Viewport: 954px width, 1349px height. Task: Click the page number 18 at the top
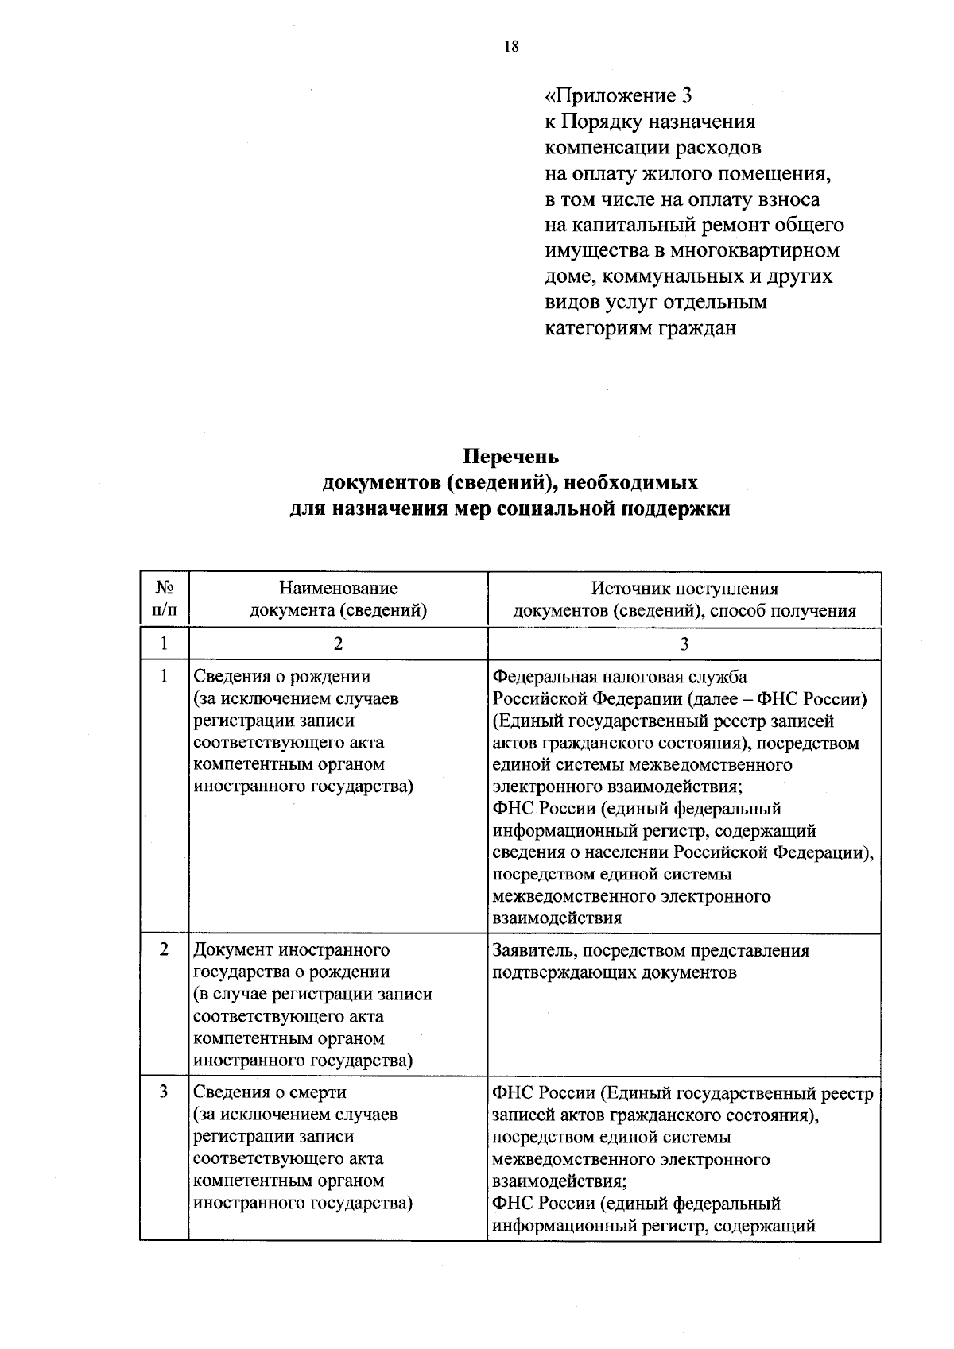click(510, 47)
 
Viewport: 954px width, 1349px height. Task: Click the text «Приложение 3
click(618, 96)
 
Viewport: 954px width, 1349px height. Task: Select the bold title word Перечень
click(511, 458)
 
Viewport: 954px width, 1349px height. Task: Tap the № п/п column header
click(165, 599)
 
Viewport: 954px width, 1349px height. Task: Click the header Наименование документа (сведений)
click(338, 599)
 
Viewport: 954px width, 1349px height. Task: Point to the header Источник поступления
click(684, 589)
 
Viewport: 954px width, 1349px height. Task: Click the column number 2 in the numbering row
click(338, 644)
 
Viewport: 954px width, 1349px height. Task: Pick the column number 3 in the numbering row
click(684, 644)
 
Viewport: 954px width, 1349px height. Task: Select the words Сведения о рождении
click(282, 677)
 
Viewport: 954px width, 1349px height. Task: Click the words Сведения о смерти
click(270, 1092)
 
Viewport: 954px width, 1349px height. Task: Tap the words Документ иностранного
click(292, 950)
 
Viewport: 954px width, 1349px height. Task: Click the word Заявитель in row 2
click(529, 950)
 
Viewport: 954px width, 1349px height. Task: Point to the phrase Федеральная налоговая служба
click(619, 677)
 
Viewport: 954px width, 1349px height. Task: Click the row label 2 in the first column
click(164, 950)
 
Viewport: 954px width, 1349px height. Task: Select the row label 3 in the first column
click(164, 1092)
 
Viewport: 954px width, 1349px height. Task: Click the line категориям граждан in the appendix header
click(640, 328)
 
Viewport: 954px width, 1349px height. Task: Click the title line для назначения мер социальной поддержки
click(509, 509)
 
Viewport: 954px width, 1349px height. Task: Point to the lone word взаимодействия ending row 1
click(556, 918)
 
